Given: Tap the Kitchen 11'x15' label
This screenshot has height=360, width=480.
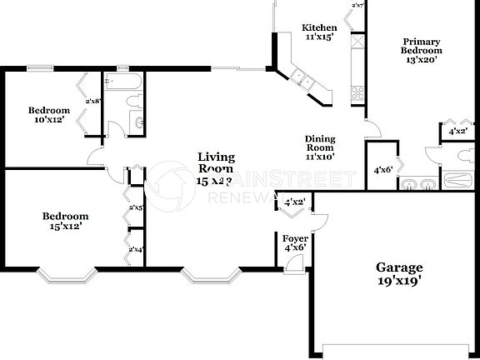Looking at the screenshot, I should point(319,32).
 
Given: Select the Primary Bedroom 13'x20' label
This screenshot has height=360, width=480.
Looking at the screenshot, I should point(422,50).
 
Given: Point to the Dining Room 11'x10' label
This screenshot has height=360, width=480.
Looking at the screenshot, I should point(319,148).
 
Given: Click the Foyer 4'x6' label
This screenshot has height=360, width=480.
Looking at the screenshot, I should point(294,242).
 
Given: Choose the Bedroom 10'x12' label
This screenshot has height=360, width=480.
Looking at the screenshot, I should point(48,115).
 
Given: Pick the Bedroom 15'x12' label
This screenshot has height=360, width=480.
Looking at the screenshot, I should point(65,221).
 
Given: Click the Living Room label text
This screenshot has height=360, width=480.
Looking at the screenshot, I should point(215,162).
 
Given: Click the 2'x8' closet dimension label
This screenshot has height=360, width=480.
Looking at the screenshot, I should point(93,102).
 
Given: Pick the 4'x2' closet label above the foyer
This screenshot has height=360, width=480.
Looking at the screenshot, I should point(295,202).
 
